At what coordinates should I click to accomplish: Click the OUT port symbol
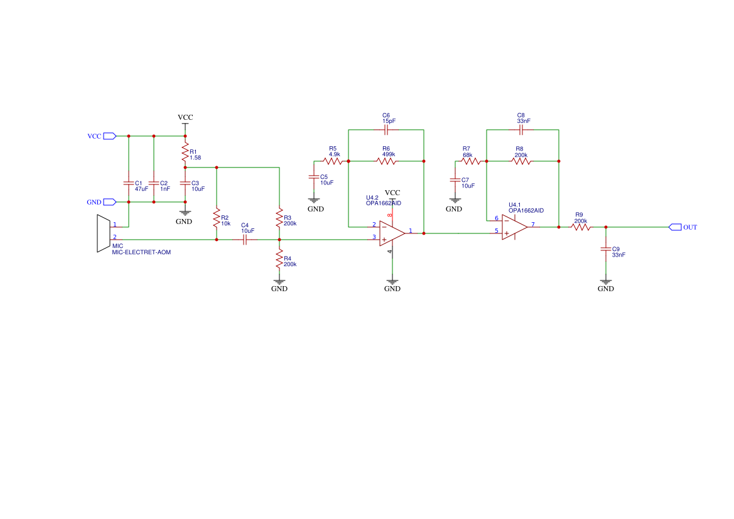point(675,227)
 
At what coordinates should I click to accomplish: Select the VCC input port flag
point(109,136)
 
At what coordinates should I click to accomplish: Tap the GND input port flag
point(109,202)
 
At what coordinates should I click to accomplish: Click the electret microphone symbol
point(104,233)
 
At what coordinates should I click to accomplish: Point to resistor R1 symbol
point(185,152)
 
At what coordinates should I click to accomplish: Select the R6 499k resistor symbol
point(386,161)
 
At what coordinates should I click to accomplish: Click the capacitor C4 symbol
point(244,240)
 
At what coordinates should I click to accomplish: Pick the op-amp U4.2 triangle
point(392,233)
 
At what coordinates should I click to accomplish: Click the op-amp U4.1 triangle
point(514,227)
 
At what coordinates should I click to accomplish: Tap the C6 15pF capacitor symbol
point(386,130)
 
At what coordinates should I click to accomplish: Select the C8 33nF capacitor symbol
point(521,130)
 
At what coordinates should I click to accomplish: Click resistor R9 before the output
point(581,227)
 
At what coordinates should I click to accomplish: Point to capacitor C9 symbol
point(606,249)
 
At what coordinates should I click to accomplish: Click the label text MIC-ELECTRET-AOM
point(141,252)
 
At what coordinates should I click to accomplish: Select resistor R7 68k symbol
point(471,161)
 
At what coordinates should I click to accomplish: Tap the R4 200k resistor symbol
point(279,259)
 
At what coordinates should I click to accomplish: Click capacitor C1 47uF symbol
point(129,183)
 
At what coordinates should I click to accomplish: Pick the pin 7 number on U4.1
point(532,225)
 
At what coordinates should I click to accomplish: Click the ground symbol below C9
point(606,282)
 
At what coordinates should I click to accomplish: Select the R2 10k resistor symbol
point(216,218)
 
